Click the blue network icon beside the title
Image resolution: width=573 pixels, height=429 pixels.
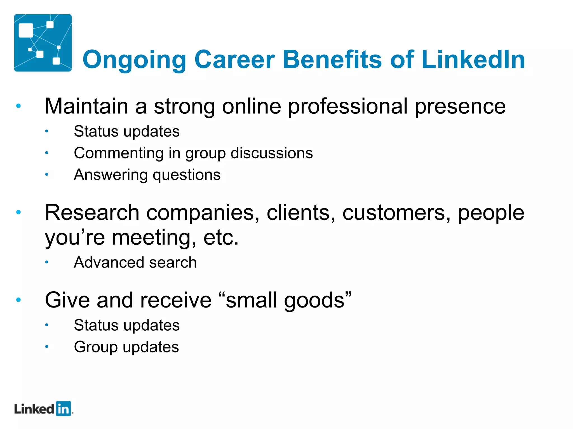click(43, 43)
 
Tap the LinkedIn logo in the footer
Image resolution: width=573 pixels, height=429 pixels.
click(43, 409)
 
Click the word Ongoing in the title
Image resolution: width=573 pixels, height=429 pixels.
click(134, 60)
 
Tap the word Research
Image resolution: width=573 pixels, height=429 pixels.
click(92, 213)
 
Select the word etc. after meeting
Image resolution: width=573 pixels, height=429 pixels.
click(221, 238)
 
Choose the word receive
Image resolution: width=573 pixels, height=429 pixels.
click(176, 300)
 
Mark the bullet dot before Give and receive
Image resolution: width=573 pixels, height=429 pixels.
click(19, 300)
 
